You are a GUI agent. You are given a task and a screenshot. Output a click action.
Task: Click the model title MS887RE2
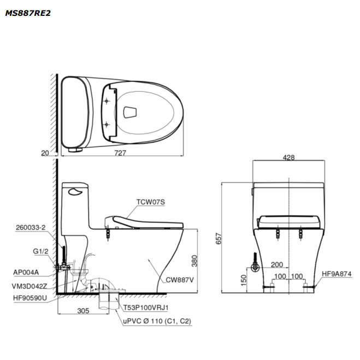click(x=28, y=13)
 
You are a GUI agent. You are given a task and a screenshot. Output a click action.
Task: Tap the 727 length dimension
click(x=120, y=152)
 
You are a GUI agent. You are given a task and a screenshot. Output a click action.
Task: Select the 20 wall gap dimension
click(x=45, y=153)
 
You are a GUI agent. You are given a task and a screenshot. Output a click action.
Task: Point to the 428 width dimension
click(x=288, y=157)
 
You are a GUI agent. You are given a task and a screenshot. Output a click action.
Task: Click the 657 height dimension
click(x=219, y=239)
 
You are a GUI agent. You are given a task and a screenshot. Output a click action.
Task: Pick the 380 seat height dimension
click(x=194, y=261)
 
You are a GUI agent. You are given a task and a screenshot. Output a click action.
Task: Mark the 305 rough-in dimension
click(x=83, y=311)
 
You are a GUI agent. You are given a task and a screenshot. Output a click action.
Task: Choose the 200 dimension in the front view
click(x=277, y=264)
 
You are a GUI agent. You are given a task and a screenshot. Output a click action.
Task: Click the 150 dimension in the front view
click(x=244, y=280)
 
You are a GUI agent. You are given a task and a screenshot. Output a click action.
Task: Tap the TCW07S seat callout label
click(x=151, y=202)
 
